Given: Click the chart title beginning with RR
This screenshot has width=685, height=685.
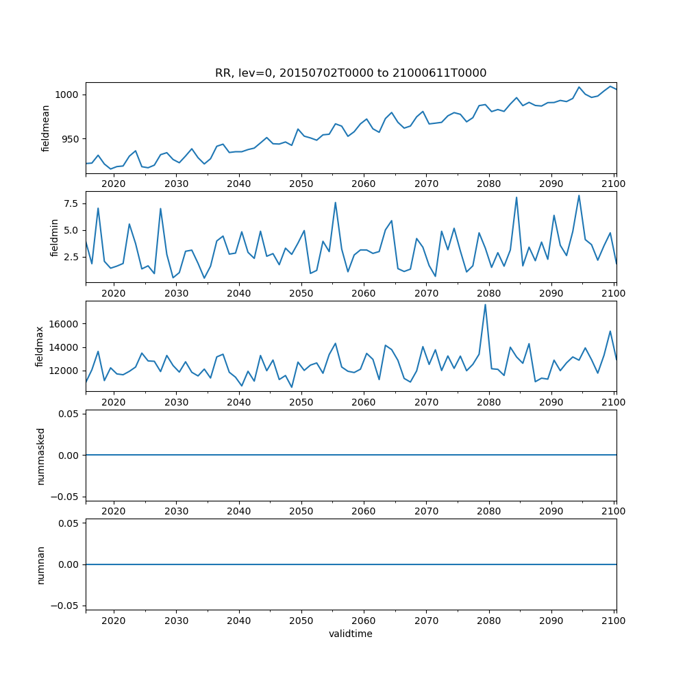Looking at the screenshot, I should tap(351, 73).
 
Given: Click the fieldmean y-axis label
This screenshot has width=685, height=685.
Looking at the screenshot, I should tap(46, 128).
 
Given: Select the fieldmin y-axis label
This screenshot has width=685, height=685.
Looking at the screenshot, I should tap(55, 237).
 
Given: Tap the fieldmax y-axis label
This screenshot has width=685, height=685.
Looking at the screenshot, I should tap(39, 346).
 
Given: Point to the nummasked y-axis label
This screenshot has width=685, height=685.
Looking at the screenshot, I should tap(40, 455).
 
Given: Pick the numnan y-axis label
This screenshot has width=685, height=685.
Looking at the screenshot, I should tap(40, 564).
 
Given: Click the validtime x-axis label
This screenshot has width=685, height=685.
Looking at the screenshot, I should tap(351, 634).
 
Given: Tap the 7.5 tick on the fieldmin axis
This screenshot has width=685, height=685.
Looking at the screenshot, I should tap(72, 203).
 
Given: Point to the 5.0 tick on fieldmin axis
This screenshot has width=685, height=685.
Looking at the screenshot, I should tap(72, 230).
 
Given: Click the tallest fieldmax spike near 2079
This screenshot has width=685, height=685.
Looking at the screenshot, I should tap(485, 305).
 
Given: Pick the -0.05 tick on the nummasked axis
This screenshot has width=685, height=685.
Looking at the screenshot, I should tap(66, 497).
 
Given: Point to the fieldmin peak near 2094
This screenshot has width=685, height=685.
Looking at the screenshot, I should tap(579, 196).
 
